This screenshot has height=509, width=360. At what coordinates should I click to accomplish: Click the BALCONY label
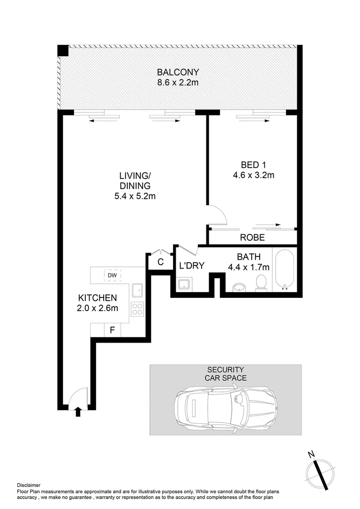click(x=178, y=73)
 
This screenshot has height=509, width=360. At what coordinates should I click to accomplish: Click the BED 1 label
click(x=250, y=165)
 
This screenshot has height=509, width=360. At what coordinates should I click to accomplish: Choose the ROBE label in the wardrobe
click(x=253, y=238)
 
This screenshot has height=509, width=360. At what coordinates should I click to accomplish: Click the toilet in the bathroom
click(x=261, y=283)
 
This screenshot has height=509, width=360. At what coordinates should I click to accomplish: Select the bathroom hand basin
click(x=239, y=287)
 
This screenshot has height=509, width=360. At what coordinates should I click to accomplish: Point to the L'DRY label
click(x=192, y=266)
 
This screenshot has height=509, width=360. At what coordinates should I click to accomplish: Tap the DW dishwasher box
click(x=112, y=275)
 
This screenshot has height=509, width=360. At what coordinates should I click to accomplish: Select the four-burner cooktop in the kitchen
click(x=138, y=309)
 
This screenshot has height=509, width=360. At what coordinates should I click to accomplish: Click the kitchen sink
click(x=138, y=290)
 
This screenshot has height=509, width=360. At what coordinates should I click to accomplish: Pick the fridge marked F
click(x=112, y=330)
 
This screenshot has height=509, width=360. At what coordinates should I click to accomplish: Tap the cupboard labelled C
click(x=160, y=262)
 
